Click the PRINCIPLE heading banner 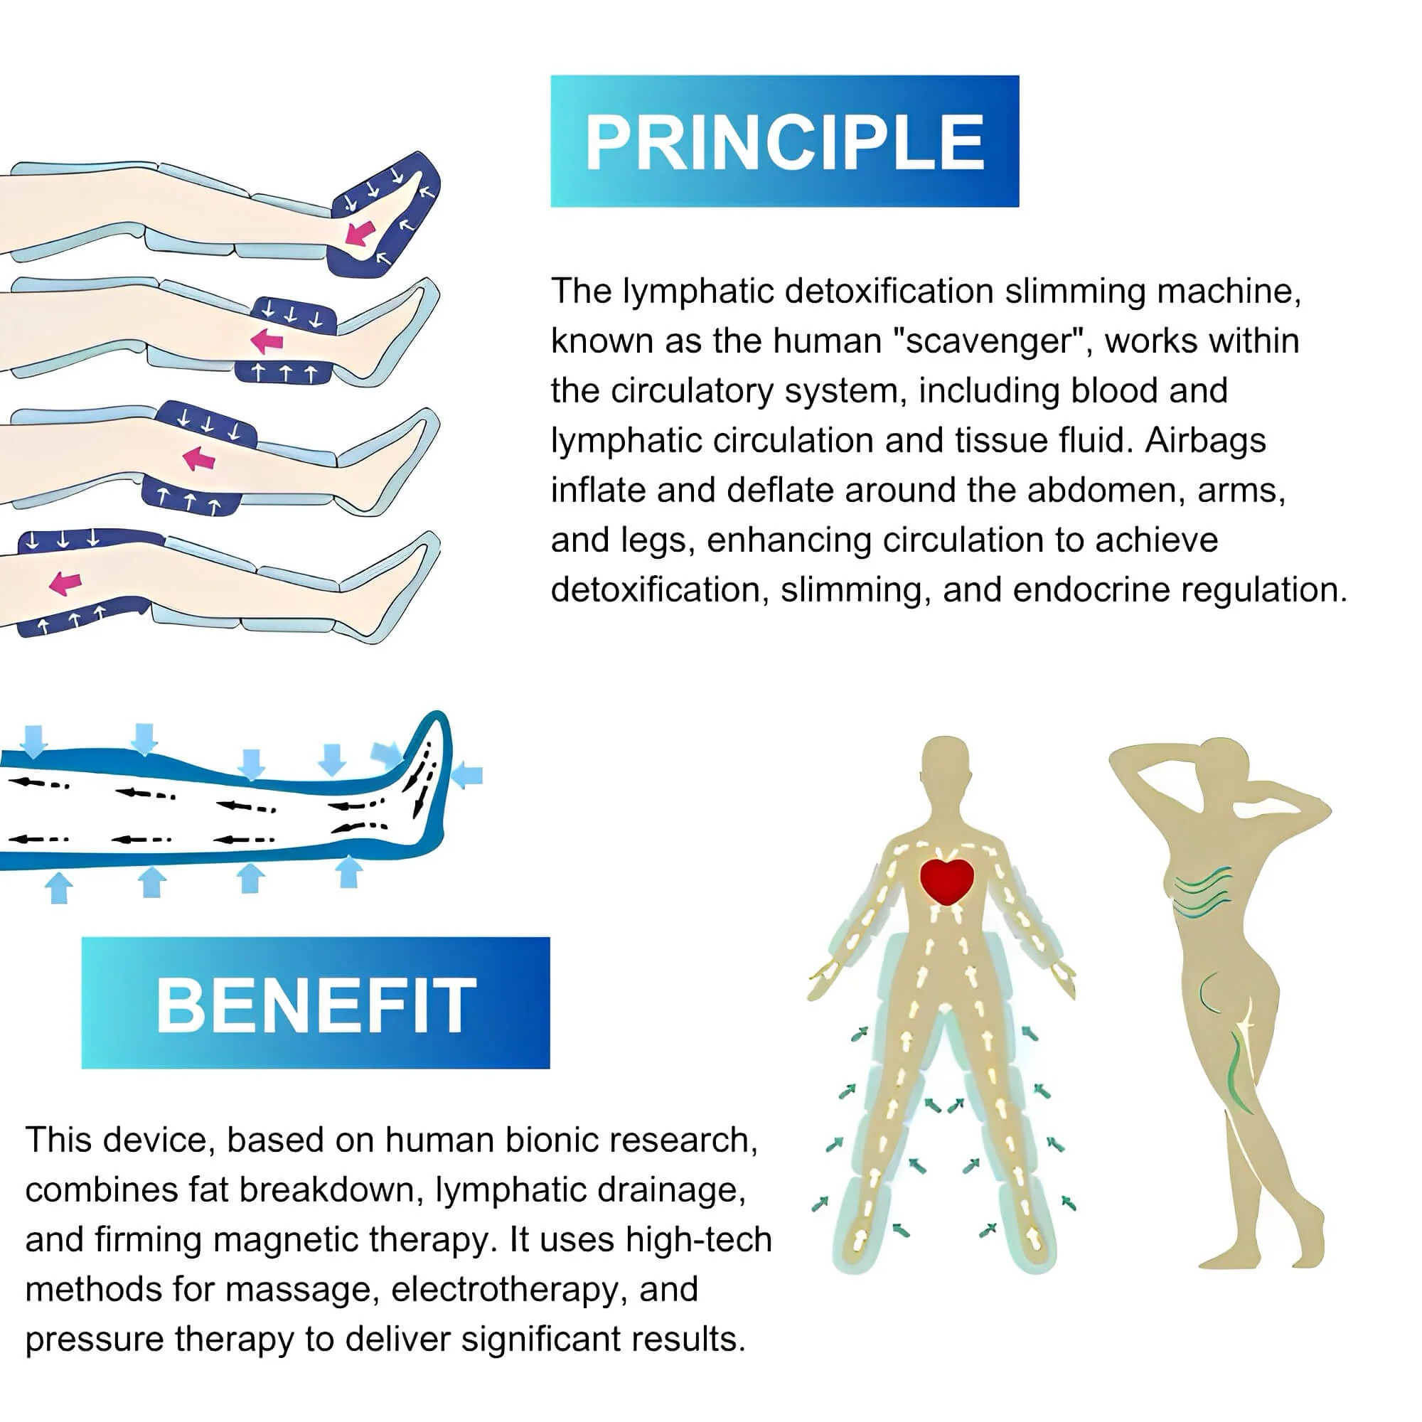coord(785,141)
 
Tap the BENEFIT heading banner coord(315,1003)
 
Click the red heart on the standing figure coord(946,881)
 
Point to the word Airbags coord(1205,440)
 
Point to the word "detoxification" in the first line coord(890,291)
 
